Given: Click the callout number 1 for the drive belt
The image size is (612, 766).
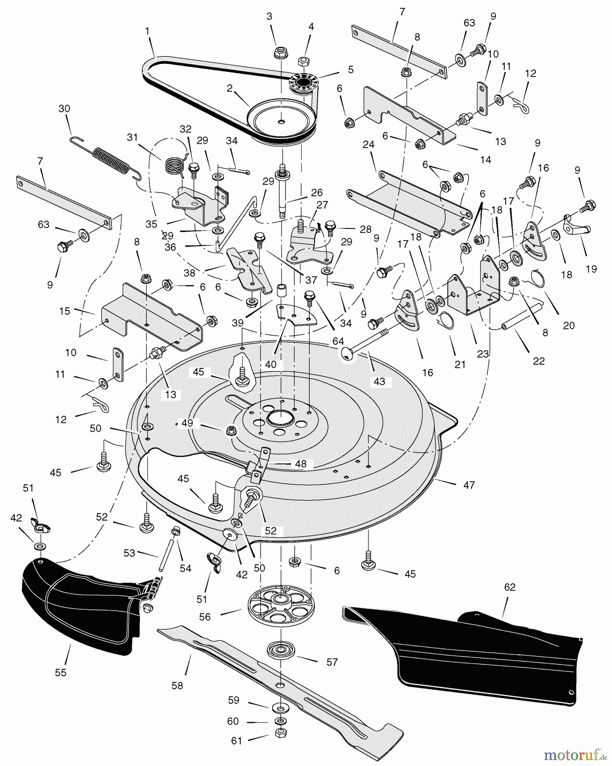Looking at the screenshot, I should pos(147,31).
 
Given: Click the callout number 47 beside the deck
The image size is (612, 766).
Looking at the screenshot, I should pos(469,485).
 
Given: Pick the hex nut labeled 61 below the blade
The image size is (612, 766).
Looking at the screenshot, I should pos(281,733).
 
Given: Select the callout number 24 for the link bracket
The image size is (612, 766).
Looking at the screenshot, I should pos(368,144).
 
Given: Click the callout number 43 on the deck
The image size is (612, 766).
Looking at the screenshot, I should pos(379,381).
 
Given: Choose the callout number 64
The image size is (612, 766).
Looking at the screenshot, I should pos(338,341).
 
